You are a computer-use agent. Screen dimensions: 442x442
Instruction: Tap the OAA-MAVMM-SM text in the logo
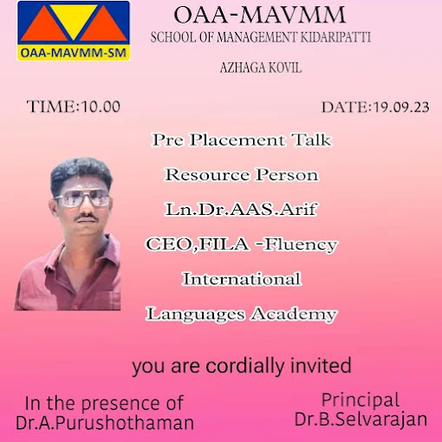tap(74, 53)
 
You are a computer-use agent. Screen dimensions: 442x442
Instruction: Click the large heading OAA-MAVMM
tap(259, 15)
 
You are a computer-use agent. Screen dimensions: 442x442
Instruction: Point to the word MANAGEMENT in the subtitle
tap(257, 37)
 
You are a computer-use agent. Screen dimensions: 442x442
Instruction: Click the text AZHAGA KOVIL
tap(261, 68)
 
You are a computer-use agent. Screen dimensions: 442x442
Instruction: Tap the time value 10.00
tap(101, 107)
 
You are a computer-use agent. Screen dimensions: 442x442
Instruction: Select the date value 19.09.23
tap(401, 107)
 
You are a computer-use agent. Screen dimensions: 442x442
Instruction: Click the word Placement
tap(237, 140)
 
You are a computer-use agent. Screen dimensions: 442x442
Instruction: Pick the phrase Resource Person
tap(242, 175)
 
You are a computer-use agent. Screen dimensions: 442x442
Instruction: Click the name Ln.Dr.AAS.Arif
tap(241, 209)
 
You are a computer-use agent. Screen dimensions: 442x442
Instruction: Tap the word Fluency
tap(301, 245)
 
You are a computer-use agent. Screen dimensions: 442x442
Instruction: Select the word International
tap(242, 279)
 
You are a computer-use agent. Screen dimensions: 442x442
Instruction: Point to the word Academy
tap(294, 315)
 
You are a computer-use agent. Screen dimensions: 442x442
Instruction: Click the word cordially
tap(244, 367)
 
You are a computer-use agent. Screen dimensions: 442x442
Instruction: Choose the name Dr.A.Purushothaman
tap(105, 423)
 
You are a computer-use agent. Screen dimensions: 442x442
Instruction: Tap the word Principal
tap(361, 400)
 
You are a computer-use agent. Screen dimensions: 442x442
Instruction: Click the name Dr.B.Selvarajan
tap(361, 419)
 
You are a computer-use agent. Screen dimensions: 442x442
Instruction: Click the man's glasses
tap(82, 198)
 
